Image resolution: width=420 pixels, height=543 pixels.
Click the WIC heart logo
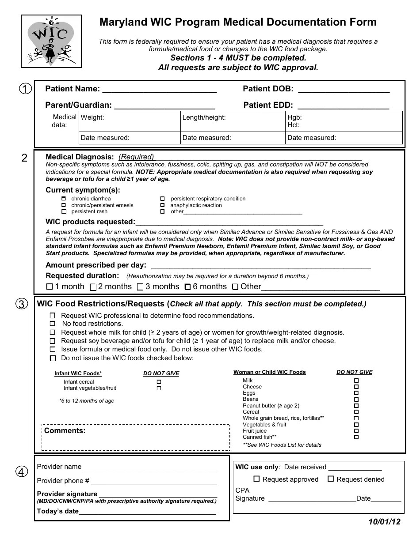[51, 41]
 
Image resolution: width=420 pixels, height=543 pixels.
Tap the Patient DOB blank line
[344, 90]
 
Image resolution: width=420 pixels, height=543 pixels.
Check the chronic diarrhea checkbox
[64, 199]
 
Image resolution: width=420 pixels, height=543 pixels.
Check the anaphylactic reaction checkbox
[162, 205]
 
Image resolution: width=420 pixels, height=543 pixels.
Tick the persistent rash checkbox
[64, 211]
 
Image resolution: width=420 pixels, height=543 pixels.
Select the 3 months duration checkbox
[140, 287]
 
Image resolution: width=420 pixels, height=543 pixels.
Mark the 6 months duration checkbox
[187, 287]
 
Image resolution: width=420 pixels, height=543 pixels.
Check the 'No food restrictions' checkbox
[53, 324]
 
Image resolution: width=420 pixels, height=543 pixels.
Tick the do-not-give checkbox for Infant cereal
[159, 382]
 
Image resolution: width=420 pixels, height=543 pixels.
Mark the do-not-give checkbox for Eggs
[356, 393]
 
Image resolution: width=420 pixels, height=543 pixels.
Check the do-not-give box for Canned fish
[356, 437]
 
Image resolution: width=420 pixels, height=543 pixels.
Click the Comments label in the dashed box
[65, 431]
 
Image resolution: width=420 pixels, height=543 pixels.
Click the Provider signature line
[157, 494]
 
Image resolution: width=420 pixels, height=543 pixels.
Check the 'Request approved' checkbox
[256, 479]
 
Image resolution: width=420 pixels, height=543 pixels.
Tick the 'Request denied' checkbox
[331, 479]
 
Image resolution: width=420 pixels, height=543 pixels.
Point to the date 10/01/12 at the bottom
[384, 522]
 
